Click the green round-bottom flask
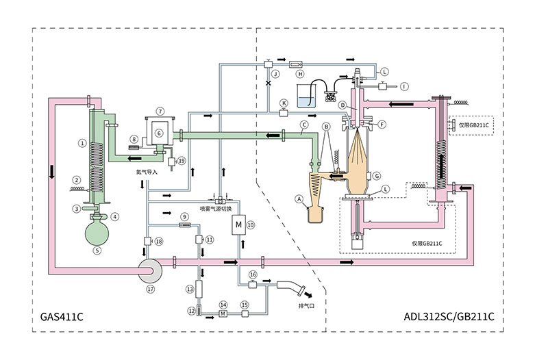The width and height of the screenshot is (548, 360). [x=97, y=231]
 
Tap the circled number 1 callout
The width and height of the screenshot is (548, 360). [x=82, y=144]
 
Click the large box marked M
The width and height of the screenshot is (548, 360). [x=238, y=225]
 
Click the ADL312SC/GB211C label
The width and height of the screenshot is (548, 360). [x=449, y=318]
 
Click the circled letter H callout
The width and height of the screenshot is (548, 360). [x=299, y=73]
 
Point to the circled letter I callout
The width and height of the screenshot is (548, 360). [x=405, y=86]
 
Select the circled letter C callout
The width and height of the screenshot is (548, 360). [x=302, y=125]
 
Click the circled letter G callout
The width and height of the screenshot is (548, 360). [x=377, y=177]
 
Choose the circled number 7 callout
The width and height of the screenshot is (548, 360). [x=159, y=110]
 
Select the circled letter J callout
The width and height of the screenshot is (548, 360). [x=275, y=73]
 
